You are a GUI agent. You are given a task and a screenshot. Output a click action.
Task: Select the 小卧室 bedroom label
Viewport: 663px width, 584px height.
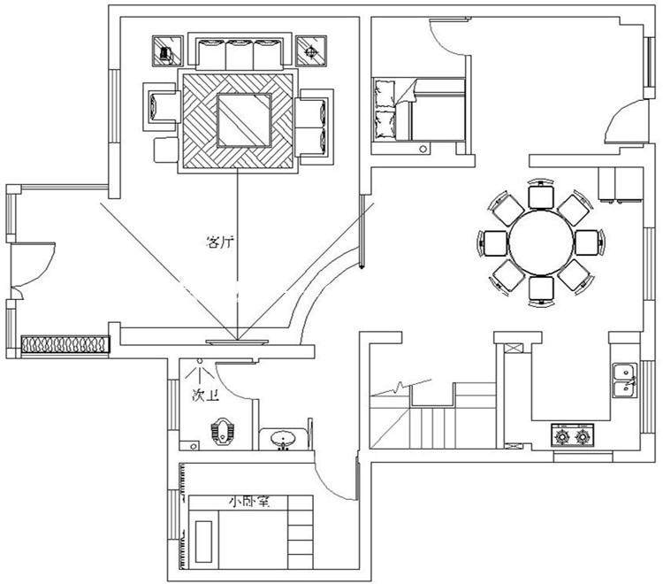pyautogui.click(x=249, y=502)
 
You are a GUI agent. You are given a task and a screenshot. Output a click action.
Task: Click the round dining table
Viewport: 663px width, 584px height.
pyautogui.click(x=540, y=242)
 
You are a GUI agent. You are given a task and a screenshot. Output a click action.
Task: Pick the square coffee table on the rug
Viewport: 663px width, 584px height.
pyautogui.click(x=244, y=119)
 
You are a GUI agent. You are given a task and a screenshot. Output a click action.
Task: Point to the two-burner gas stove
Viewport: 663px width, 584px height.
pyautogui.click(x=572, y=435)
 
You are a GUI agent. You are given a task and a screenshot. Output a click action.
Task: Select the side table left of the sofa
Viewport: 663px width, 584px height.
pyautogui.click(x=166, y=51)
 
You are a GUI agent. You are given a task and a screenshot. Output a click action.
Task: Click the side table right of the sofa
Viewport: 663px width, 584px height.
pyautogui.click(x=309, y=50)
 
